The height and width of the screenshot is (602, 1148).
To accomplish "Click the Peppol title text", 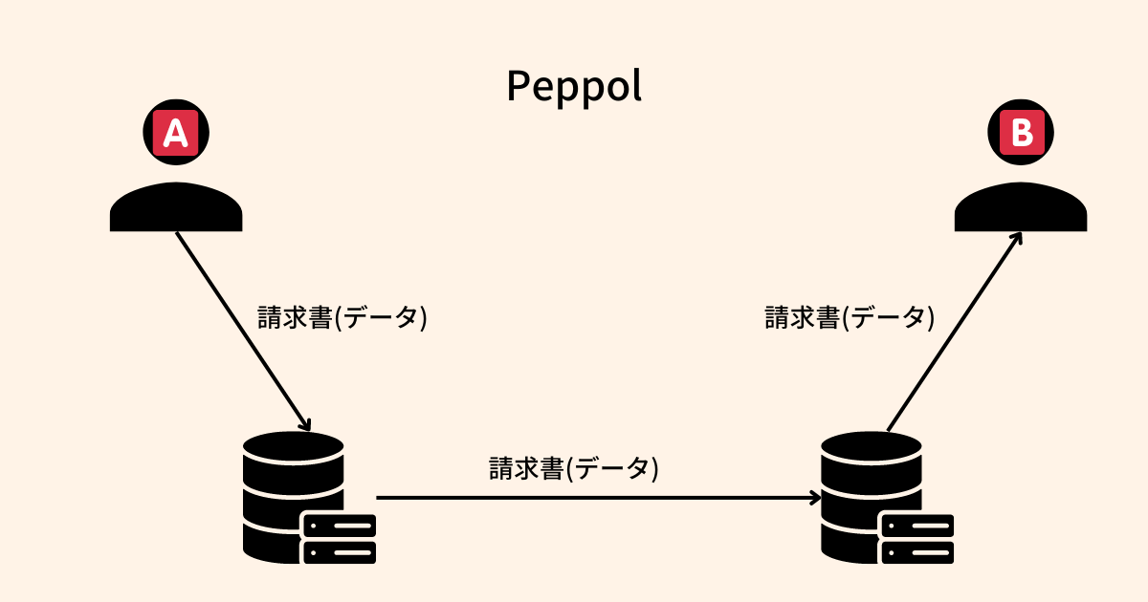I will click(574, 86).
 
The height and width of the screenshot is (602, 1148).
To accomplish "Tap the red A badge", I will click(176, 133).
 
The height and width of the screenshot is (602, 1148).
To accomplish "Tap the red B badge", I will click(1021, 133).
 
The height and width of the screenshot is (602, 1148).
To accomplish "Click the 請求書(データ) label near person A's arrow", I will click(342, 317).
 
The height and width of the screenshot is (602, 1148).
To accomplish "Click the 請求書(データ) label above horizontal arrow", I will click(574, 468).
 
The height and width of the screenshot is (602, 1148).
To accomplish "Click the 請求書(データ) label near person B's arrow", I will click(850, 317).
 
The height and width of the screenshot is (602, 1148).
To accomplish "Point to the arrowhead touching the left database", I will click(305, 424).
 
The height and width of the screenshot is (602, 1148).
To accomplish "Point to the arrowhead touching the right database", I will click(815, 497).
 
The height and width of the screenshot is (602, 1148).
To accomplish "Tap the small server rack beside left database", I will click(339, 538).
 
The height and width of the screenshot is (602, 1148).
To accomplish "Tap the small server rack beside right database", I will click(916, 538).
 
